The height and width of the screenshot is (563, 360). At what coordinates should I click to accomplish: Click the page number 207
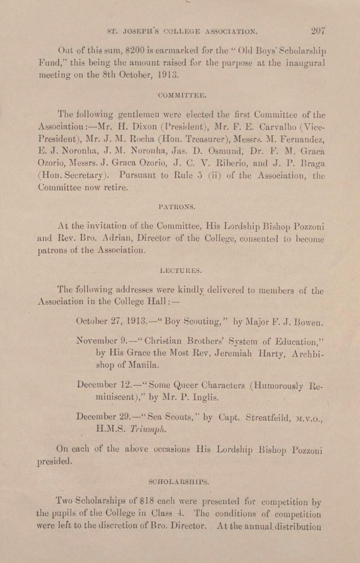click(318, 31)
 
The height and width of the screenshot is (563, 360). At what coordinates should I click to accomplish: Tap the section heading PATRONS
click(177, 207)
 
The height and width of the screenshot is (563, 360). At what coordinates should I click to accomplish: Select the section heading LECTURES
click(180, 271)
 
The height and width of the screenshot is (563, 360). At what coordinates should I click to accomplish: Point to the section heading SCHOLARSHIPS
click(179, 482)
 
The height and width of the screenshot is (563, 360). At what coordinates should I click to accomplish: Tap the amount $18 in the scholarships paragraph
click(147, 501)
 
